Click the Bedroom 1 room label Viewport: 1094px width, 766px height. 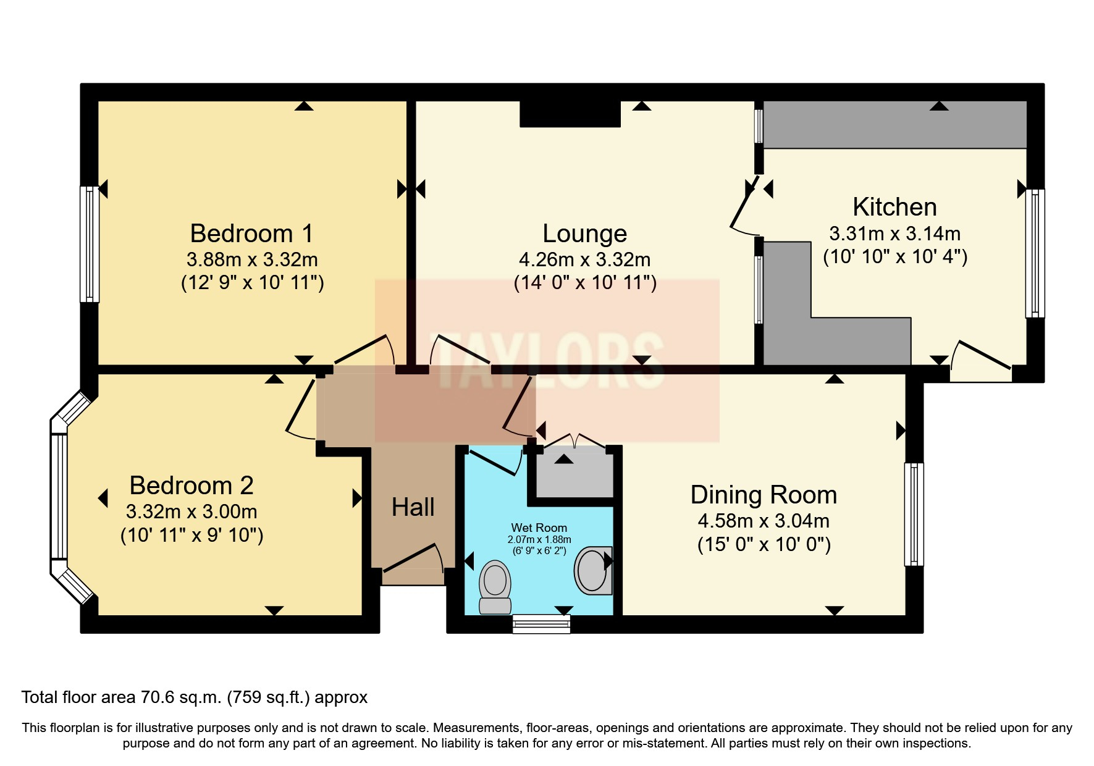tap(251, 234)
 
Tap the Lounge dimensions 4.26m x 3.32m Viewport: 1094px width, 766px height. tap(584, 259)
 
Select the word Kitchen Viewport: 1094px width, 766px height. tap(894, 207)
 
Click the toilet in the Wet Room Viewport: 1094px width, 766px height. tap(495, 586)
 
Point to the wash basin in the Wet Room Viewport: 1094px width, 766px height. tap(593, 570)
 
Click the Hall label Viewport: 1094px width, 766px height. tap(413, 507)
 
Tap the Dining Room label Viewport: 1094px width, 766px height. tap(764, 495)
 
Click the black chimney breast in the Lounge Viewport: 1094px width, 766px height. tap(570, 114)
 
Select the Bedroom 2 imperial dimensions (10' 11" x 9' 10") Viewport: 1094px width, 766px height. tap(191, 535)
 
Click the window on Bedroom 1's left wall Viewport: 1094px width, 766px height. tap(90, 244)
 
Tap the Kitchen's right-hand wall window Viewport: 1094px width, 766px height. tap(1035, 253)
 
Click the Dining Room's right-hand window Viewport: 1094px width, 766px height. tap(914, 514)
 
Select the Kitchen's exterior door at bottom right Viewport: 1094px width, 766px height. tap(981, 361)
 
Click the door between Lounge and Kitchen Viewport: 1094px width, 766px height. tap(744, 207)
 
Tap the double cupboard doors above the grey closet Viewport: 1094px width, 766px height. tap(574, 440)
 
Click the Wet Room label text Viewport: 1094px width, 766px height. tap(539, 528)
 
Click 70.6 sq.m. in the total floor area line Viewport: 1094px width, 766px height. tap(180, 697)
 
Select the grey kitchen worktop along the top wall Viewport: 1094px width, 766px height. tap(894, 125)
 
